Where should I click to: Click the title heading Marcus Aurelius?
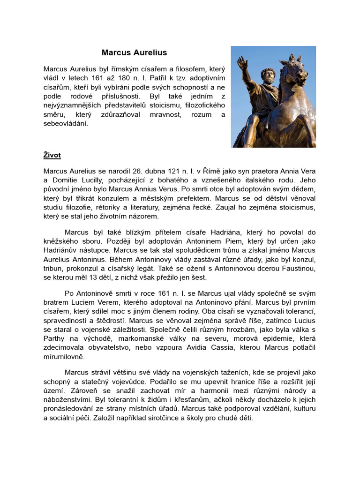[x=134, y=52]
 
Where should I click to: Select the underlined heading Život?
[x=52, y=155]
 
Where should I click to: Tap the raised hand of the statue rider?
[x=242, y=63]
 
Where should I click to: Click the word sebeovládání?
[x=66, y=124]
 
